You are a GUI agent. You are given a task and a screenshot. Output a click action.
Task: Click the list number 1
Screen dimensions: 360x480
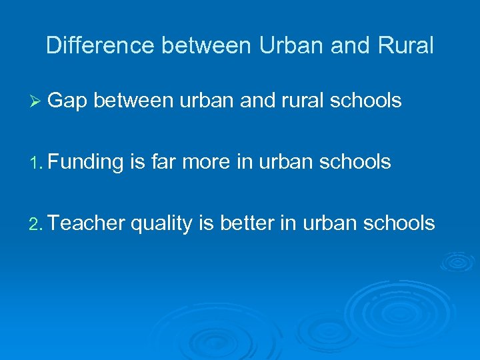coord(36,163)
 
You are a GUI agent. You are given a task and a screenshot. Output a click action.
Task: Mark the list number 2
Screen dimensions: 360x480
coord(36,224)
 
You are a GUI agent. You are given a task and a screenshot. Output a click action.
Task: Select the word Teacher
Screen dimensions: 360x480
coord(87,223)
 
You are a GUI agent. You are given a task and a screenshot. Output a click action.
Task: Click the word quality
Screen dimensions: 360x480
coord(161,223)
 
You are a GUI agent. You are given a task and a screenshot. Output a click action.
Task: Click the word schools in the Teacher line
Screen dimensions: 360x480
coord(401,223)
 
